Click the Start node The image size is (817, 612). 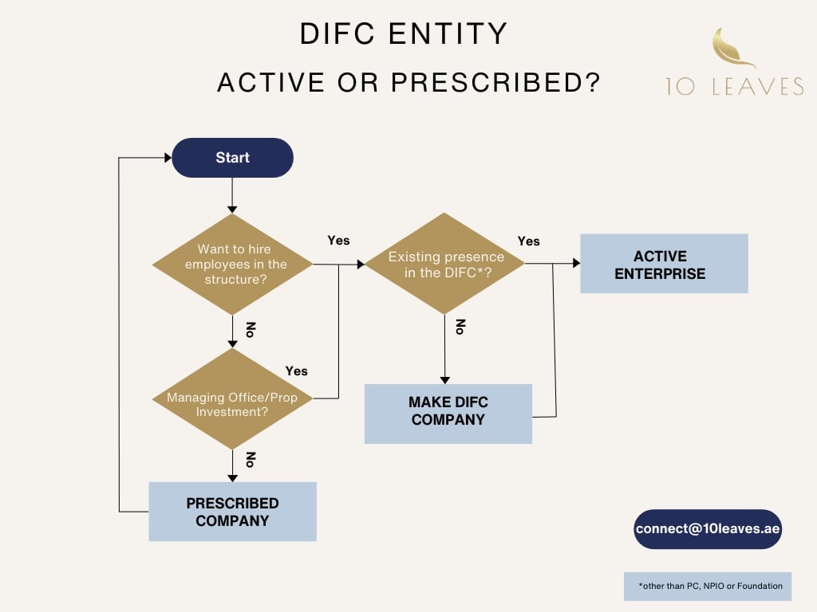232,158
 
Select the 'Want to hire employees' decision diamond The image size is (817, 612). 232,264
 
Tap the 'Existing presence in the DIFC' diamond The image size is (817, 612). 445,264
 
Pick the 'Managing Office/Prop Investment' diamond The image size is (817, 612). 232,398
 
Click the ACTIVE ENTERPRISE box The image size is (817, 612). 664,264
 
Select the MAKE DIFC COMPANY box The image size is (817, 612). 448,413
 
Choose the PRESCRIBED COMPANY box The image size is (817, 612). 232,512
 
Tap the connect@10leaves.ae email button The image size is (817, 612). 708,529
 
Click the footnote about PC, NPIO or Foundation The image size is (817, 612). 708,586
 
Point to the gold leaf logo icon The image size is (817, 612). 732,48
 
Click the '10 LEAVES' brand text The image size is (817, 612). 735,86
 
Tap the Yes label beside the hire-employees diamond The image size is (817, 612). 338,240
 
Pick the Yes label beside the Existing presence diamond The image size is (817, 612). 528,241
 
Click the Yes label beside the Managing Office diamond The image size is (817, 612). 296,371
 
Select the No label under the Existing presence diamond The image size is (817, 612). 460,328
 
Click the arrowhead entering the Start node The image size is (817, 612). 168,158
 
